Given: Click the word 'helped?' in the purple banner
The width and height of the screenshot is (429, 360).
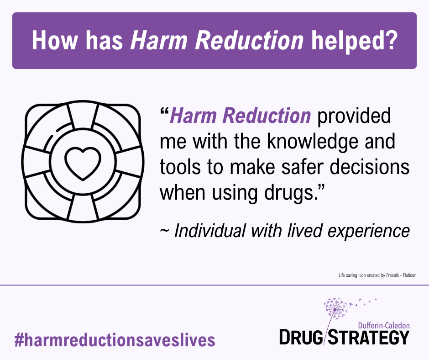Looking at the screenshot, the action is [x=354, y=41].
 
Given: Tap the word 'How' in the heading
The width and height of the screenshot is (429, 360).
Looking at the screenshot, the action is [x=55, y=40].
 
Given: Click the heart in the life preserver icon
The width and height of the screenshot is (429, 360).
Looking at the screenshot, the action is [x=83, y=164].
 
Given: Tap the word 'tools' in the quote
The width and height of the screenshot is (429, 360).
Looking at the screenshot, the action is [x=180, y=167].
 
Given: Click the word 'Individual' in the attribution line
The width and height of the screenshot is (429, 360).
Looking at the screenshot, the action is [x=210, y=231].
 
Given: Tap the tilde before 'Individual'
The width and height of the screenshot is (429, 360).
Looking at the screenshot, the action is [x=164, y=232].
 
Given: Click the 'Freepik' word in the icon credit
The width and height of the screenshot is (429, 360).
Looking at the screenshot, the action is [x=392, y=275].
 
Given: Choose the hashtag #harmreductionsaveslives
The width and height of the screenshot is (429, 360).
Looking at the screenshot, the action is [x=115, y=340].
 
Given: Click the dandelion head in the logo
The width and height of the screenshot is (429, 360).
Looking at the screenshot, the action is [x=335, y=308].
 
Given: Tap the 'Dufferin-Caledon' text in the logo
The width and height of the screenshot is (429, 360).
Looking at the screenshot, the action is [x=384, y=325].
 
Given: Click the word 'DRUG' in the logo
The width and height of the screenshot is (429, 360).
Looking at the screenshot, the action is [x=301, y=337].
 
